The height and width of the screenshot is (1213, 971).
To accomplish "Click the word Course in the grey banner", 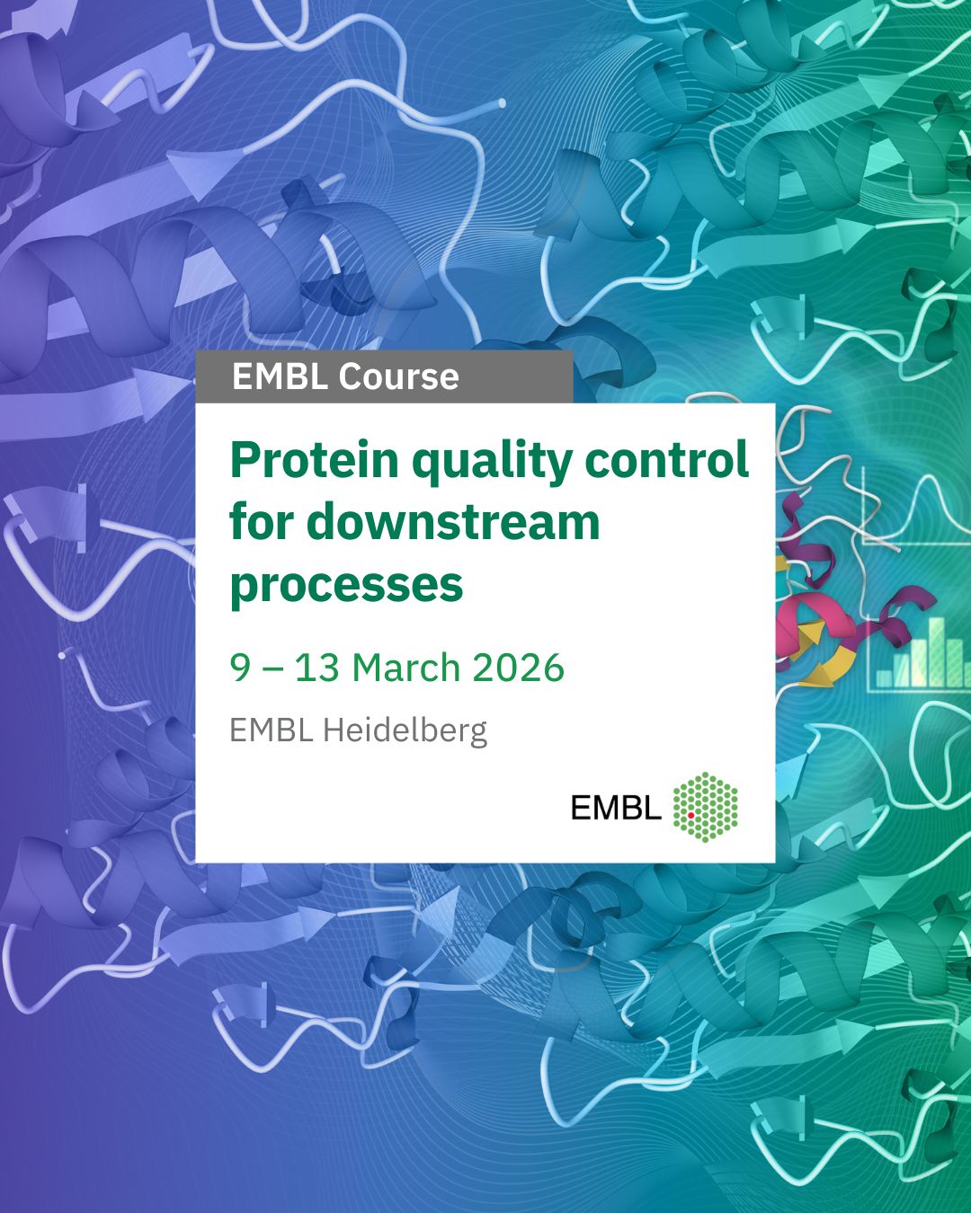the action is (398, 376).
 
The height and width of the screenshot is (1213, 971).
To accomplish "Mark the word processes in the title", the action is (346, 586).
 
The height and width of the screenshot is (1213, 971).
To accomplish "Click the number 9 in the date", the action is (240, 668).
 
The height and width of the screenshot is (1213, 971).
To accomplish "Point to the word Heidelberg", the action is (405, 731).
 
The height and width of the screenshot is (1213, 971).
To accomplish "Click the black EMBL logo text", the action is (616, 808).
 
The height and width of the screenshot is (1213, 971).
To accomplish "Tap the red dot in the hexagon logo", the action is (690, 815).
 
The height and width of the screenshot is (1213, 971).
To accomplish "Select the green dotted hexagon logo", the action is (705, 807).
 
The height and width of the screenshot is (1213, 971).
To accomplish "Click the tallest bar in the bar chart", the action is (936, 652).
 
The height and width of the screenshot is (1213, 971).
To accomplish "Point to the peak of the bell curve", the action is (929, 477).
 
